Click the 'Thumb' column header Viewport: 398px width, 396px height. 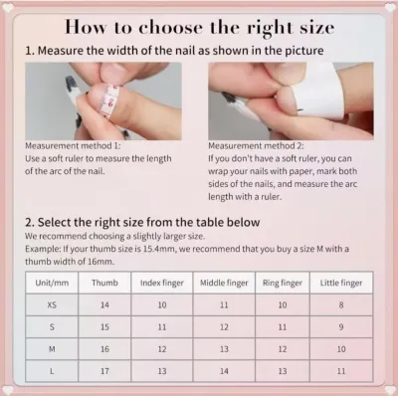[104, 283]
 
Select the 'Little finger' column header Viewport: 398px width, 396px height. [341, 283]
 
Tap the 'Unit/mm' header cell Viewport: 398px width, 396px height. [52, 283]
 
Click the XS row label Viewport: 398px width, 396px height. [52, 304]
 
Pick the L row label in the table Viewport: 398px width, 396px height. [52, 371]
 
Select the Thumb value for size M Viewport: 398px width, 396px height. [104, 349]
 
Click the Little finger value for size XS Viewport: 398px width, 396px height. [341, 304]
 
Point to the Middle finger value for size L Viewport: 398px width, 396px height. [224, 371]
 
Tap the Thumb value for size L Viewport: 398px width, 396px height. [104, 371]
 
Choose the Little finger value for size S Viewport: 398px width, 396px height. [341, 327]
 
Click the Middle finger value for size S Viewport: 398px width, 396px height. [224, 327]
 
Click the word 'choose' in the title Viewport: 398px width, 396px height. [170, 28]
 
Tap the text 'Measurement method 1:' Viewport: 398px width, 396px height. [73, 146]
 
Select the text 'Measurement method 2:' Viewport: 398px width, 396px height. [256, 146]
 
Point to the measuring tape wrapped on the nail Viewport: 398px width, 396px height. [110, 100]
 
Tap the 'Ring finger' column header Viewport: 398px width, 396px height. [283, 283]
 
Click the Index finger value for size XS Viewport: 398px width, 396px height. [162, 304]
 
